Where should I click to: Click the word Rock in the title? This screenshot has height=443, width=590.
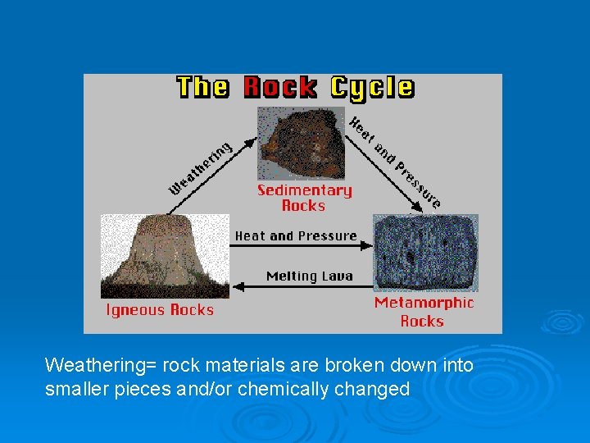[279, 88]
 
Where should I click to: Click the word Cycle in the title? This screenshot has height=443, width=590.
[371, 88]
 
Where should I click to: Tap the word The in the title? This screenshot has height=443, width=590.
[202, 88]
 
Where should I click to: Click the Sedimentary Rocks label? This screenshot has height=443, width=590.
[304, 198]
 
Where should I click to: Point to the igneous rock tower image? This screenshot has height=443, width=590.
[165, 256]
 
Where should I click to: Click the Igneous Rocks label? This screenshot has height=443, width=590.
[160, 310]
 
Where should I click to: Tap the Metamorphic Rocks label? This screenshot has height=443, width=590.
[424, 312]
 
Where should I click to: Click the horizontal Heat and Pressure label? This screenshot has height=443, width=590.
[296, 236]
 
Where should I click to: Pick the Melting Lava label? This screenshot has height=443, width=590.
[309, 276]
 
